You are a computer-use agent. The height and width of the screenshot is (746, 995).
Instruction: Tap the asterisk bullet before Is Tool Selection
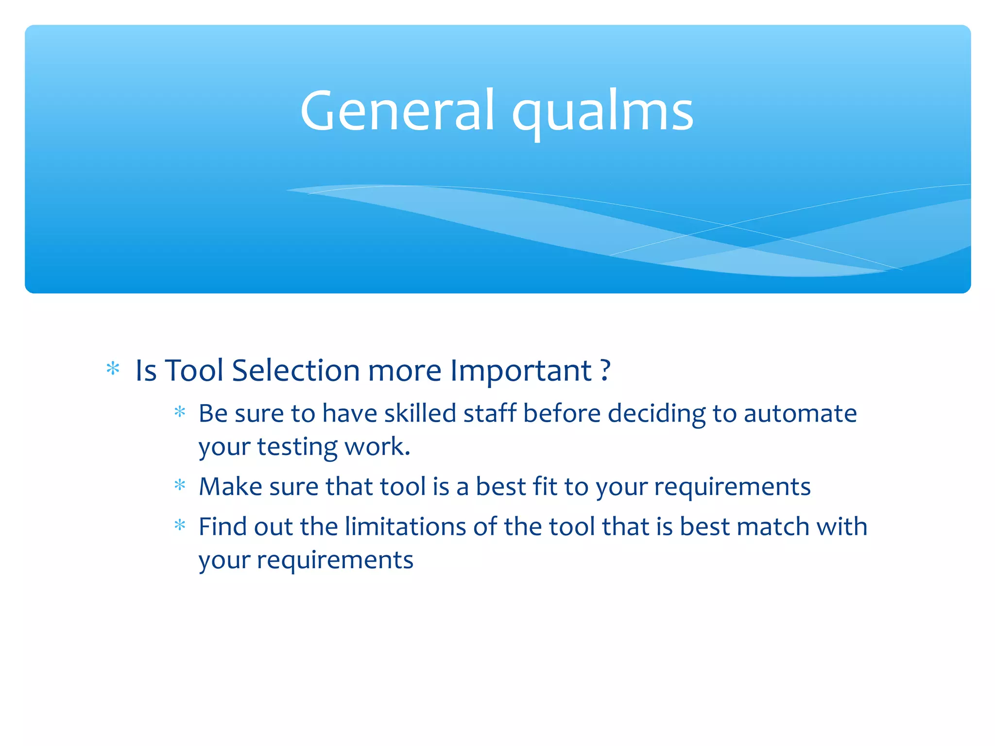point(113,369)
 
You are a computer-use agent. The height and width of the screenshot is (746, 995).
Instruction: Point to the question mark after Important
point(605,371)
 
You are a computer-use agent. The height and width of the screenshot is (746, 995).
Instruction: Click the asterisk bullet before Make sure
point(180,485)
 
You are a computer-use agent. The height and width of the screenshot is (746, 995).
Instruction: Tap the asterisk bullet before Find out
point(180,525)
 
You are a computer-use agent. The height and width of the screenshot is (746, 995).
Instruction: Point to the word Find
point(222,527)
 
